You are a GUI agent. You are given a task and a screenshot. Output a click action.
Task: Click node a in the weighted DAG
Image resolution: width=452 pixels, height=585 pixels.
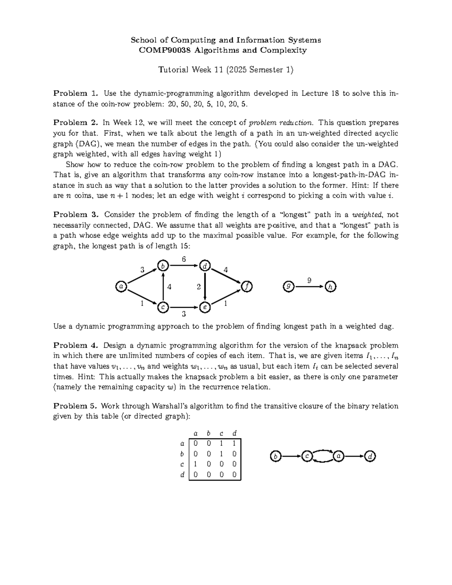click(121, 287)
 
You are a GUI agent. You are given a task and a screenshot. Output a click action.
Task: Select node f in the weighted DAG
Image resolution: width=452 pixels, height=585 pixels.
click(247, 287)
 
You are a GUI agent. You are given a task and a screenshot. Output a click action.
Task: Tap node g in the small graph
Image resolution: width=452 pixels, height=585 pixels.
click(288, 287)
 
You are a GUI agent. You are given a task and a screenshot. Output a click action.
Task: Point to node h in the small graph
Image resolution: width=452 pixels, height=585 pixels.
click(330, 287)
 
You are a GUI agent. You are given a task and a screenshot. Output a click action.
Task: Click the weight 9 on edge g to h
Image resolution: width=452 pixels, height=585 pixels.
click(309, 280)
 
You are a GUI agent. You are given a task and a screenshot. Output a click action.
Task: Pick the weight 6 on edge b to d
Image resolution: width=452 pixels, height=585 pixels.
click(184, 259)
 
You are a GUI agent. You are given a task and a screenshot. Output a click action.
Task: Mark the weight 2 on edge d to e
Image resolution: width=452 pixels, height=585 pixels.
click(199, 287)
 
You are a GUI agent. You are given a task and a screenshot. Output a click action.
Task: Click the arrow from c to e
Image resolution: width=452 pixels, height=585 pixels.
click(183, 307)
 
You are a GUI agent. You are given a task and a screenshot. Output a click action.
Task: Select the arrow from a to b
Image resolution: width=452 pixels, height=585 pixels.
click(142, 276)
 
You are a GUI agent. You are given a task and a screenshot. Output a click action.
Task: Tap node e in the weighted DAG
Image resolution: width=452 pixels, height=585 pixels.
click(205, 307)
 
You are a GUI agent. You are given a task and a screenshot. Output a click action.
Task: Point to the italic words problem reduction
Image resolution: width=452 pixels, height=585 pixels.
click(282, 122)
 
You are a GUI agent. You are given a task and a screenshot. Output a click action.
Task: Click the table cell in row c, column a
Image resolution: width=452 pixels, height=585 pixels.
click(195, 464)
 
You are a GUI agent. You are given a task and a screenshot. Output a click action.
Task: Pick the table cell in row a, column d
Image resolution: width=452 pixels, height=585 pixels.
click(234, 443)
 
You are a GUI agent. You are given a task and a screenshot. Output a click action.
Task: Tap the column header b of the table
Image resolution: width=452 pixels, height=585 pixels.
click(208, 433)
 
